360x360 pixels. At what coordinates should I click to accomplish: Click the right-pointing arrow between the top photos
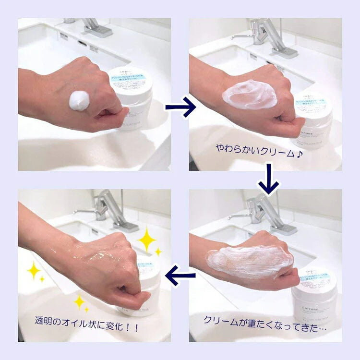(x=180, y=107)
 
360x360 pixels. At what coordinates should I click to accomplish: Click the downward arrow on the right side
(x=268, y=179)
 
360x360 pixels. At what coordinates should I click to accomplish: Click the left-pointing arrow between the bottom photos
(x=180, y=275)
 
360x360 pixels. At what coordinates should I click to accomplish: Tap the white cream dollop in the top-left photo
(x=79, y=100)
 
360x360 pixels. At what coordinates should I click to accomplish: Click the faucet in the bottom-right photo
(x=269, y=211)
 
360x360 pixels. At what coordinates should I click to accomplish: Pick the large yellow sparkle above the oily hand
(x=147, y=239)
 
